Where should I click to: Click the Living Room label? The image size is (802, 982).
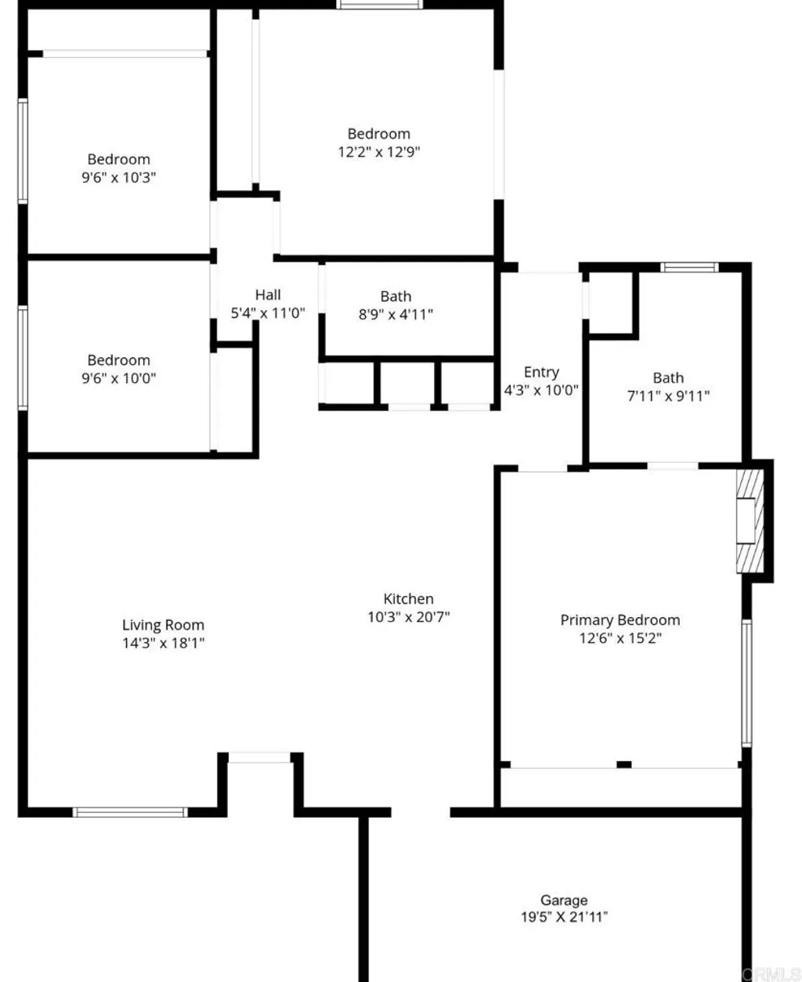coord(163,625)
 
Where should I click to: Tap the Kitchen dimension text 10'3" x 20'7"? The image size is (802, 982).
coord(409,617)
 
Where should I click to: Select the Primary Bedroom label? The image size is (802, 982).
coord(620,620)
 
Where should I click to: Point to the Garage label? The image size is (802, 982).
coord(564,901)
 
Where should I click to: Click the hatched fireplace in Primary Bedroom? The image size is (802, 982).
coord(749,521)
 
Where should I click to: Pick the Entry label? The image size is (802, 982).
coord(541,372)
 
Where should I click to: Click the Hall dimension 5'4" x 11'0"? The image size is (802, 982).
coord(268,313)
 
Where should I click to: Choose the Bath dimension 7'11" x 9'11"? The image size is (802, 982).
coord(668,396)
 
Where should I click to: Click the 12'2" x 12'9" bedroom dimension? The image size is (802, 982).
coord(379,152)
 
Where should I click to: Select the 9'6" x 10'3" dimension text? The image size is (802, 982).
coord(119,178)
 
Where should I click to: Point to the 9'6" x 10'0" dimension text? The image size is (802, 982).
coord(119,378)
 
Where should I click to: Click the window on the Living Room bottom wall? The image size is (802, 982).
coord(130,812)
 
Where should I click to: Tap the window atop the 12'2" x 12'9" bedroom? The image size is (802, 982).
coord(380,5)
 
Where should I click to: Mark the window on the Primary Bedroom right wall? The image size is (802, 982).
coord(746,682)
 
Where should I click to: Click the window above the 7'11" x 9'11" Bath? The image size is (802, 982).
coord(689,267)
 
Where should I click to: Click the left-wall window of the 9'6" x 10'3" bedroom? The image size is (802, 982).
coord(23,151)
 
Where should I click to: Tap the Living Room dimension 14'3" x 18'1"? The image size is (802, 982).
coord(163,643)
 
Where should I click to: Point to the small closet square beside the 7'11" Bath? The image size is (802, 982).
coord(612,304)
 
